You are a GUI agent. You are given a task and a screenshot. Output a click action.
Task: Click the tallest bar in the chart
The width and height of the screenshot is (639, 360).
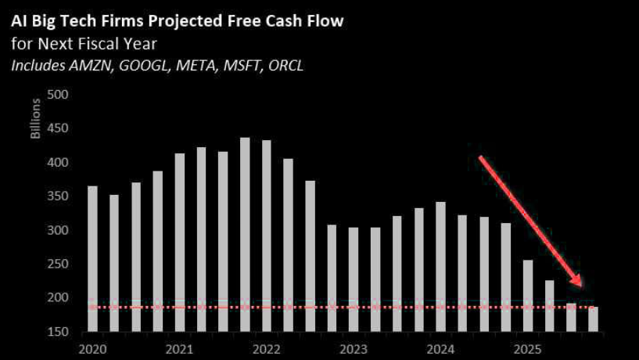pyautogui.click(x=245, y=235)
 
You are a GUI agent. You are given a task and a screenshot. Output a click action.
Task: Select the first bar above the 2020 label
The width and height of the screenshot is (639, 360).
pyautogui.click(x=93, y=258)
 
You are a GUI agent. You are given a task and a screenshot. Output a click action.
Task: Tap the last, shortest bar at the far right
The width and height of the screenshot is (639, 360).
pyautogui.click(x=592, y=319)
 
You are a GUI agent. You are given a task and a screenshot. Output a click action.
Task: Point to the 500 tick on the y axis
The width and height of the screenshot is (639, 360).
pyautogui.click(x=60, y=95)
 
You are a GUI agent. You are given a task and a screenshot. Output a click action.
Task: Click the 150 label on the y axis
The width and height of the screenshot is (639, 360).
pyautogui.click(x=60, y=332)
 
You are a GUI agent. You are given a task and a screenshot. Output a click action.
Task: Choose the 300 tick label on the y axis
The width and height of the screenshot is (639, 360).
pyautogui.click(x=60, y=230)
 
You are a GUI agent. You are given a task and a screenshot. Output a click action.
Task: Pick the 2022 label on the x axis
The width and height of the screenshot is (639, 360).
pyautogui.click(x=267, y=348)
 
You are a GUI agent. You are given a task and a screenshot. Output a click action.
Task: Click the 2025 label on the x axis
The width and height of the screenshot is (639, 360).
pyautogui.click(x=529, y=348)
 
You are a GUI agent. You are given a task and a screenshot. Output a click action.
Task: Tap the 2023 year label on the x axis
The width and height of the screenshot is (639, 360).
pyautogui.click(x=355, y=348)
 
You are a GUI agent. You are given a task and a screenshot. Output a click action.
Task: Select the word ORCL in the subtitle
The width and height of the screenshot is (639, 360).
pyautogui.click(x=285, y=65)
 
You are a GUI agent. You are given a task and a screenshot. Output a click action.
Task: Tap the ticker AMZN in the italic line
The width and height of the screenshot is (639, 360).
pyautogui.click(x=88, y=65)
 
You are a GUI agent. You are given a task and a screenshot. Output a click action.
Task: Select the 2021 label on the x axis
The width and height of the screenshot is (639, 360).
pyautogui.click(x=180, y=348)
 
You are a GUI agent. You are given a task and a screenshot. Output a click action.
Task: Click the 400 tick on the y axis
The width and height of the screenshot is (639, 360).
pyautogui.click(x=60, y=163)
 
